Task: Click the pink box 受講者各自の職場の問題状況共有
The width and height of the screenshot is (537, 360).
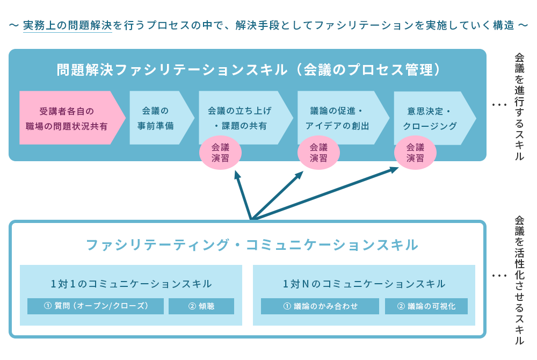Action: click(x=67, y=118)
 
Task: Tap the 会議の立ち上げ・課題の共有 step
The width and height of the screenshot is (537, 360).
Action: click(x=240, y=118)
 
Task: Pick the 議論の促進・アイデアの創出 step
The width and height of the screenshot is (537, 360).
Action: click(x=338, y=118)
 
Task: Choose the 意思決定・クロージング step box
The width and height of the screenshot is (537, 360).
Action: click(x=429, y=118)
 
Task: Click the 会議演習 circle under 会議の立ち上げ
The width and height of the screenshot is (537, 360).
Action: click(x=220, y=153)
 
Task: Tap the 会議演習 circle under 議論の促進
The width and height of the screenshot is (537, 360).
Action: click(x=318, y=153)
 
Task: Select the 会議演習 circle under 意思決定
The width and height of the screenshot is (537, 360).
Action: click(x=415, y=153)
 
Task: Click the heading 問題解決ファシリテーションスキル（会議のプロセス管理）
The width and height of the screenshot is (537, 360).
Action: click(x=249, y=70)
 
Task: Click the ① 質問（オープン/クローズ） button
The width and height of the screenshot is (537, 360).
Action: click(x=96, y=306)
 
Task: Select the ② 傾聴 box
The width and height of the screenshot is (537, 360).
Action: click(x=201, y=306)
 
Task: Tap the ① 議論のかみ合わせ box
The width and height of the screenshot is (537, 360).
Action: click(x=321, y=306)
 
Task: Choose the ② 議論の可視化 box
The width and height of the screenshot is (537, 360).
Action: click(x=426, y=306)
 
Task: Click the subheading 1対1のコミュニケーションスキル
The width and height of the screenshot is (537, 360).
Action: click(x=131, y=284)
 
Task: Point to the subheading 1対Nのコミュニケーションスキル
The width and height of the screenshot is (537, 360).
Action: click(x=364, y=284)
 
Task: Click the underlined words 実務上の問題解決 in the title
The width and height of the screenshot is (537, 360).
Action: click(x=67, y=25)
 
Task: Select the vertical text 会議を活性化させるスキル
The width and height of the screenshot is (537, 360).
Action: click(x=519, y=279)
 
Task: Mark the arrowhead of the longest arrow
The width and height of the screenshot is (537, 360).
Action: click(x=395, y=169)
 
